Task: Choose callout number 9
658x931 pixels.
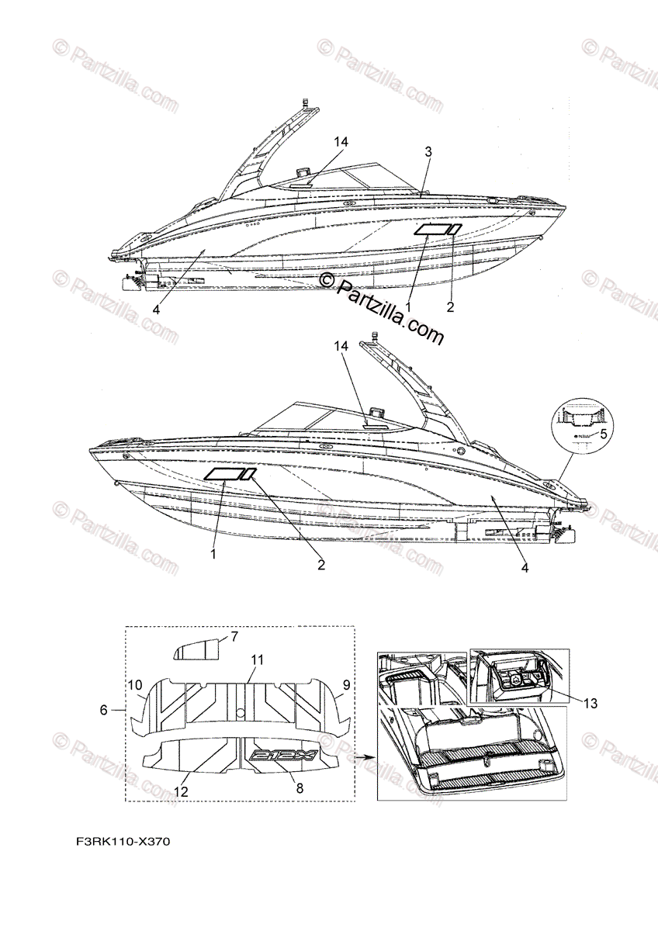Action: pos(346,685)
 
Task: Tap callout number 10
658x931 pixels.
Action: pos(135,685)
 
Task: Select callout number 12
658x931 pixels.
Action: pos(180,791)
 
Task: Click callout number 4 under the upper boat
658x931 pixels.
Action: pos(156,308)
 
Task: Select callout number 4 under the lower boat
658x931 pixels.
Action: pos(525,568)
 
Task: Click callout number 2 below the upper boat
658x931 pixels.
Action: pos(449,307)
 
